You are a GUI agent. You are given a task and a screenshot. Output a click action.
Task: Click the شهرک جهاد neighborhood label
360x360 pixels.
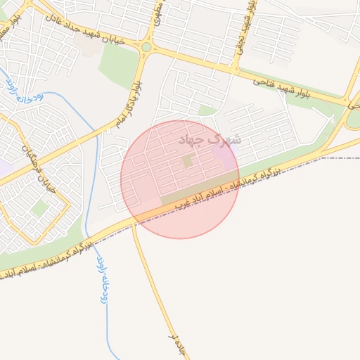tap(210, 140)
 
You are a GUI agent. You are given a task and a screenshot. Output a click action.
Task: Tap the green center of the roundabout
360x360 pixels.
tap(146, 47)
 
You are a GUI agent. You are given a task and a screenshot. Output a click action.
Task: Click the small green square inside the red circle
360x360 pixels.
tap(187, 162)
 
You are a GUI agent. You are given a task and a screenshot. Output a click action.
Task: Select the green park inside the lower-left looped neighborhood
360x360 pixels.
tap(39, 208)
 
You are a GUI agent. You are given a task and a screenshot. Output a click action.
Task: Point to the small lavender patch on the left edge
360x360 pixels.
tap(4, 169)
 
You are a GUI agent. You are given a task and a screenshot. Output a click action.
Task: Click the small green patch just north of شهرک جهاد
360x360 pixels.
tap(206, 110)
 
